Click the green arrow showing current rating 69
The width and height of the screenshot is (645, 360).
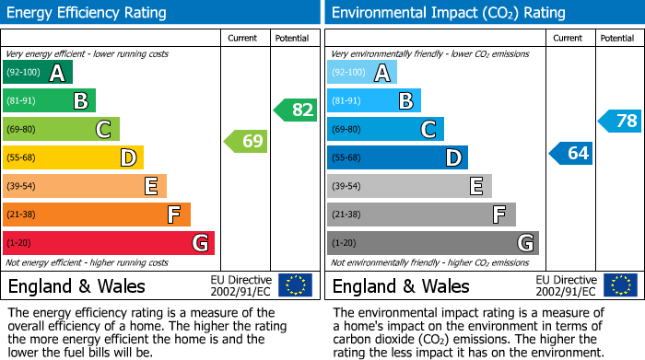pos(246,142)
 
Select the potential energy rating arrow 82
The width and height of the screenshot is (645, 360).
pos(296,110)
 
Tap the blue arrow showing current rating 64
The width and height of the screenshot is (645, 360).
pos(571,153)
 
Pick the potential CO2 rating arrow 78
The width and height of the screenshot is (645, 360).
pos(620,121)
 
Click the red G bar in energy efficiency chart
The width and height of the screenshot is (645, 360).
pos(109,243)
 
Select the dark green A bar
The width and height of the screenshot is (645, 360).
pos(38,73)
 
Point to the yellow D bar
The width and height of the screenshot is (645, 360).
pos(73,157)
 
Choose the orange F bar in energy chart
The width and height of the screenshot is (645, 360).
pos(97,215)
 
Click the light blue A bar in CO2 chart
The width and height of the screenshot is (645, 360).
pos(362,73)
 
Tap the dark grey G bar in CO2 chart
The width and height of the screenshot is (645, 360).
pos(432,243)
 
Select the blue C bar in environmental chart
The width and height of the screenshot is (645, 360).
pos(385,130)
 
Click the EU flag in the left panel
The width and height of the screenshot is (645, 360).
pos(295,285)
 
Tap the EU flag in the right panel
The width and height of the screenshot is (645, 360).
pos(619,285)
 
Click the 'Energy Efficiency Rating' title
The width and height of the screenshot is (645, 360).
pos(88,13)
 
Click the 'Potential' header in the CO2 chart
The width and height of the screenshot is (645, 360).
pos(617,38)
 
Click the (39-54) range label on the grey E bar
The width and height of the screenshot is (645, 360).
pos(347,187)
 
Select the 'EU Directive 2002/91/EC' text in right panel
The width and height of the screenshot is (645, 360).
pos(566,285)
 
